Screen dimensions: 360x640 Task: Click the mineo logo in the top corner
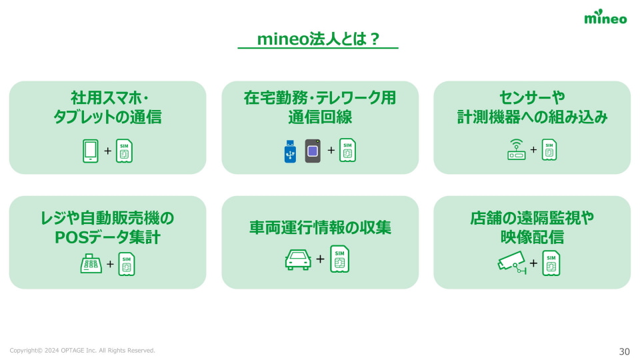pyautogui.click(x=605, y=18)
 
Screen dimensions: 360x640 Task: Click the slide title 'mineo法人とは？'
pyautogui.click(x=318, y=39)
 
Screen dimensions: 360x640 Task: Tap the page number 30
pyautogui.click(x=624, y=351)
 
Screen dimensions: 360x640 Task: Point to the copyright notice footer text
pyautogui.click(x=82, y=351)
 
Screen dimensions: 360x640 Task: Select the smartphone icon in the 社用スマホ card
pyautogui.click(x=91, y=151)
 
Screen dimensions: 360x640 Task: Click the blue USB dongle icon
pyautogui.click(x=289, y=151)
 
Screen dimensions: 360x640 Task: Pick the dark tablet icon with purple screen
pyautogui.click(x=313, y=151)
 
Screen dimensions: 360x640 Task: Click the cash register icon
pyautogui.click(x=91, y=265)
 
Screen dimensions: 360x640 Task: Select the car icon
pyautogui.click(x=298, y=259)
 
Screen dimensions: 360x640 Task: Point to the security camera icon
pyautogui.click(x=512, y=263)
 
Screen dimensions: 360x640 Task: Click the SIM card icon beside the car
pyautogui.click(x=339, y=259)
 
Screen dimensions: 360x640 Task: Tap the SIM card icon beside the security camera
pyautogui.click(x=551, y=263)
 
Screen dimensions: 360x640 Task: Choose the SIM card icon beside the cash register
pyautogui.click(x=127, y=265)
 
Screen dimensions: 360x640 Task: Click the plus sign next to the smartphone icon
pyautogui.click(x=108, y=151)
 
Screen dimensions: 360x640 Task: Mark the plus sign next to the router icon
pyautogui.click(x=533, y=149)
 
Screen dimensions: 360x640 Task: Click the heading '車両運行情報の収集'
pyautogui.click(x=320, y=228)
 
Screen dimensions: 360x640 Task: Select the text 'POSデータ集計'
pyautogui.click(x=107, y=237)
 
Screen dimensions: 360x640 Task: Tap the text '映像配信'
pyautogui.click(x=532, y=237)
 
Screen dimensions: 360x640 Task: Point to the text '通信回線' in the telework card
pyautogui.click(x=320, y=118)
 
